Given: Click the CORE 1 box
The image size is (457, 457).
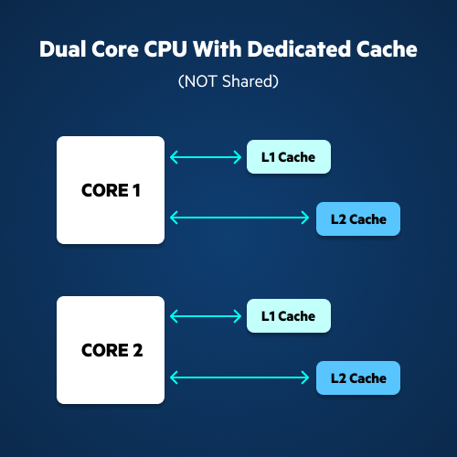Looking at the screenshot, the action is point(111,190).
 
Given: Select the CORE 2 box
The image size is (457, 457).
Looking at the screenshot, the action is point(111,350).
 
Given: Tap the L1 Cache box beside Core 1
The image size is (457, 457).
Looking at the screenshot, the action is point(289,157).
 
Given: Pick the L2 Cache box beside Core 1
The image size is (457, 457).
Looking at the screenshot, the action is point(358,218).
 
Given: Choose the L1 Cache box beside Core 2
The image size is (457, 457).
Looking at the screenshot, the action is point(289,316).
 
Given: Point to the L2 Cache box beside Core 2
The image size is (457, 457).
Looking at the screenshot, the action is point(358,378).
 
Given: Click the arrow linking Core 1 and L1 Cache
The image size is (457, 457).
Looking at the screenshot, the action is point(206,157).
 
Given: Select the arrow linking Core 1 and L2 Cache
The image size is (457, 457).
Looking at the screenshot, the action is point(239,218).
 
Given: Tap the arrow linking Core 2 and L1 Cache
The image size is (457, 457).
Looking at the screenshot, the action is point(206,316).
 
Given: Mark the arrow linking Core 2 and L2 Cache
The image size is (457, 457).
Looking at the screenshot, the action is point(239,377).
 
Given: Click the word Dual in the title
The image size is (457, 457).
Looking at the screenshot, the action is point(63,49).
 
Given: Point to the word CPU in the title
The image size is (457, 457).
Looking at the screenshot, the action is point(165,49).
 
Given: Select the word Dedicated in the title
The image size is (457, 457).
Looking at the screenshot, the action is point(299,49).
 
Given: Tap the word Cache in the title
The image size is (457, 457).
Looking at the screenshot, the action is point(387,49).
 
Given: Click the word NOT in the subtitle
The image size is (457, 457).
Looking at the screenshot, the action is point(201,81).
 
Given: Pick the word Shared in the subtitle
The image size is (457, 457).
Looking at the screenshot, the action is point(248,81).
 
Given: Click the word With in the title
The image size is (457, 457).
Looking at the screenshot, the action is point(218,49).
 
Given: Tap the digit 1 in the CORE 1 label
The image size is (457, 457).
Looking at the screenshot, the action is point(136,190).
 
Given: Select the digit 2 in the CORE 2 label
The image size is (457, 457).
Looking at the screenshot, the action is point(138,350).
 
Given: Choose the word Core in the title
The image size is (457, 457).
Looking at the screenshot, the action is point(115,49).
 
